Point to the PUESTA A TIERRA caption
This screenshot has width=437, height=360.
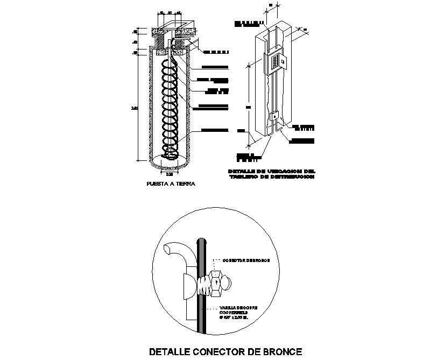click(x=170, y=183)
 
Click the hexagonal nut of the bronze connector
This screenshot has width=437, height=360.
click(x=215, y=283)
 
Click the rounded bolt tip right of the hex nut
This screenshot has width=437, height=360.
click(x=228, y=282)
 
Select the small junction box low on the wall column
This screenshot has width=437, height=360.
click(x=274, y=116)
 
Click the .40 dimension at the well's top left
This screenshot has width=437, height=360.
click(x=135, y=41)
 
